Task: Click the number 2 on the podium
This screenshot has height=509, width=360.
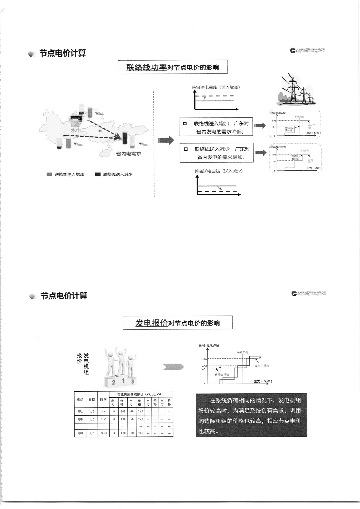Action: (114, 382)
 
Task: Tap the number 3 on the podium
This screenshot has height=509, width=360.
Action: (133, 382)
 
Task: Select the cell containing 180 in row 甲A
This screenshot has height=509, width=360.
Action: (140, 411)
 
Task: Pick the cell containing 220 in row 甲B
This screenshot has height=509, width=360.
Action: (140, 419)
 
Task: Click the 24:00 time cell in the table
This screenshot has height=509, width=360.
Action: (104, 433)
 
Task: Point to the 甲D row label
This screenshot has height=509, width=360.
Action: (80, 433)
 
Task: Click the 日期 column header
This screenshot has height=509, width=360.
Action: (92, 399)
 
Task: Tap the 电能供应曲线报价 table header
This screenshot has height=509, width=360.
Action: (140, 394)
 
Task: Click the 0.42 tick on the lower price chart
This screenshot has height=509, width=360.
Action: (204, 366)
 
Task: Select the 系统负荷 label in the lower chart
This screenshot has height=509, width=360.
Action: (242, 352)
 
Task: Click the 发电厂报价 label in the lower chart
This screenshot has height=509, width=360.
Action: (262, 366)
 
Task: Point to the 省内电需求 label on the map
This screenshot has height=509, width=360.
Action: (129, 154)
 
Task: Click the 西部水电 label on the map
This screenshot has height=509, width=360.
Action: (76, 127)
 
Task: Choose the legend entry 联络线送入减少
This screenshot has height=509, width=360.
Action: (118, 174)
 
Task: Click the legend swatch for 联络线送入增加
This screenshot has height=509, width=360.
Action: (49, 174)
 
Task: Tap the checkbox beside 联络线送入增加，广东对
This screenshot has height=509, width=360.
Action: (185, 124)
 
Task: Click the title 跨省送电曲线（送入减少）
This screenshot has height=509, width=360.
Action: (218, 171)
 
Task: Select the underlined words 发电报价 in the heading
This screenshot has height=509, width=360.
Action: (151, 323)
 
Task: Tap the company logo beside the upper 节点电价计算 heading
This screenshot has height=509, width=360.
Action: (293, 50)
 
